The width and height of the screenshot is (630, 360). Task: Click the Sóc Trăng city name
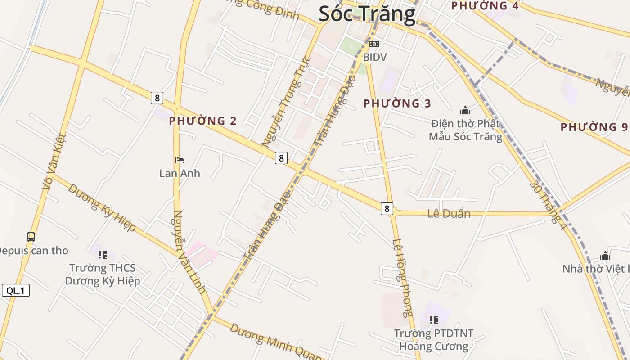click(x=367, y=14)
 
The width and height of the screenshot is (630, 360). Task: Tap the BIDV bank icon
click(x=374, y=44)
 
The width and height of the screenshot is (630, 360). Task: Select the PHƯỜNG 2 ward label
click(x=202, y=121)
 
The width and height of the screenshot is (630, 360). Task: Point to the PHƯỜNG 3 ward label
click(x=397, y=104)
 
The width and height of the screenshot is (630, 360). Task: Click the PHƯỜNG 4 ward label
click(x=485, y=6)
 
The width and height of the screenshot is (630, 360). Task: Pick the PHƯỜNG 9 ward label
click(x=594, y=127)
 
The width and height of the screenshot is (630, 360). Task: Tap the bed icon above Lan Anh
click(x=180, y=160)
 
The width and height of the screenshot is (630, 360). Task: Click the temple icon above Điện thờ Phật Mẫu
click(x=465, y=110)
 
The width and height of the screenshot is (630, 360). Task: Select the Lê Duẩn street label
click(x=449, y=214)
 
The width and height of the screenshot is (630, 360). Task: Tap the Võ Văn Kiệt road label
click(x=54, y=161)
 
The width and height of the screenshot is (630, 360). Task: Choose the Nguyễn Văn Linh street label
click(x=189, y=252)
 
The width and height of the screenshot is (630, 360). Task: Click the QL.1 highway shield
click(x=16, y=291)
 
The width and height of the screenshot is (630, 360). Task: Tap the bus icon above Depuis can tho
click(x=31, y=237)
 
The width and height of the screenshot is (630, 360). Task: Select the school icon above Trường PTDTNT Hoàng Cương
click(x=434, y=320)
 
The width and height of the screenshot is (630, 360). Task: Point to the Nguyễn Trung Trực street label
click(x=287, y=102)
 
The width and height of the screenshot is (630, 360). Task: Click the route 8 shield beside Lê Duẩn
click(x=387, y=208)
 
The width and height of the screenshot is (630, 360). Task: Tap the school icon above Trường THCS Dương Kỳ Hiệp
click(x=103, y=255)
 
